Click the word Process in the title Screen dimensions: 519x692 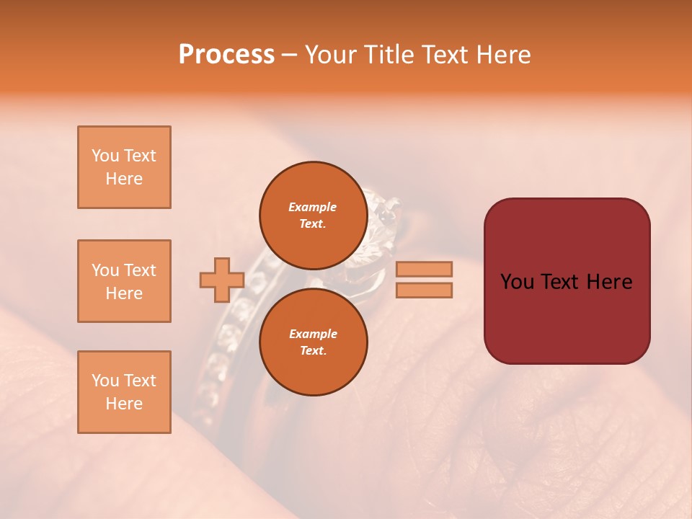click(226, 55)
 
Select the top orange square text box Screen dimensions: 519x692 click(124, 167)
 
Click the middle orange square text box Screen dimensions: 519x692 click(124, 281)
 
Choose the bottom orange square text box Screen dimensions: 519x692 click(124, 392)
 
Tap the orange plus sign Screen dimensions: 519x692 click(222, 280)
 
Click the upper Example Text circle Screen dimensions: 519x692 click(313, 215)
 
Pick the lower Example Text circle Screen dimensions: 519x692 click(313, 342)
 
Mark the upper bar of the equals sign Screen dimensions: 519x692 click(425, 269)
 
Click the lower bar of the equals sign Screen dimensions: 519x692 click(425, 290)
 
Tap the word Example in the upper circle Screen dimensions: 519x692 click(313, 207)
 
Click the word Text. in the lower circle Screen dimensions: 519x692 click(313, 350)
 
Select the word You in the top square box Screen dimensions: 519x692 click(105, 156)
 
